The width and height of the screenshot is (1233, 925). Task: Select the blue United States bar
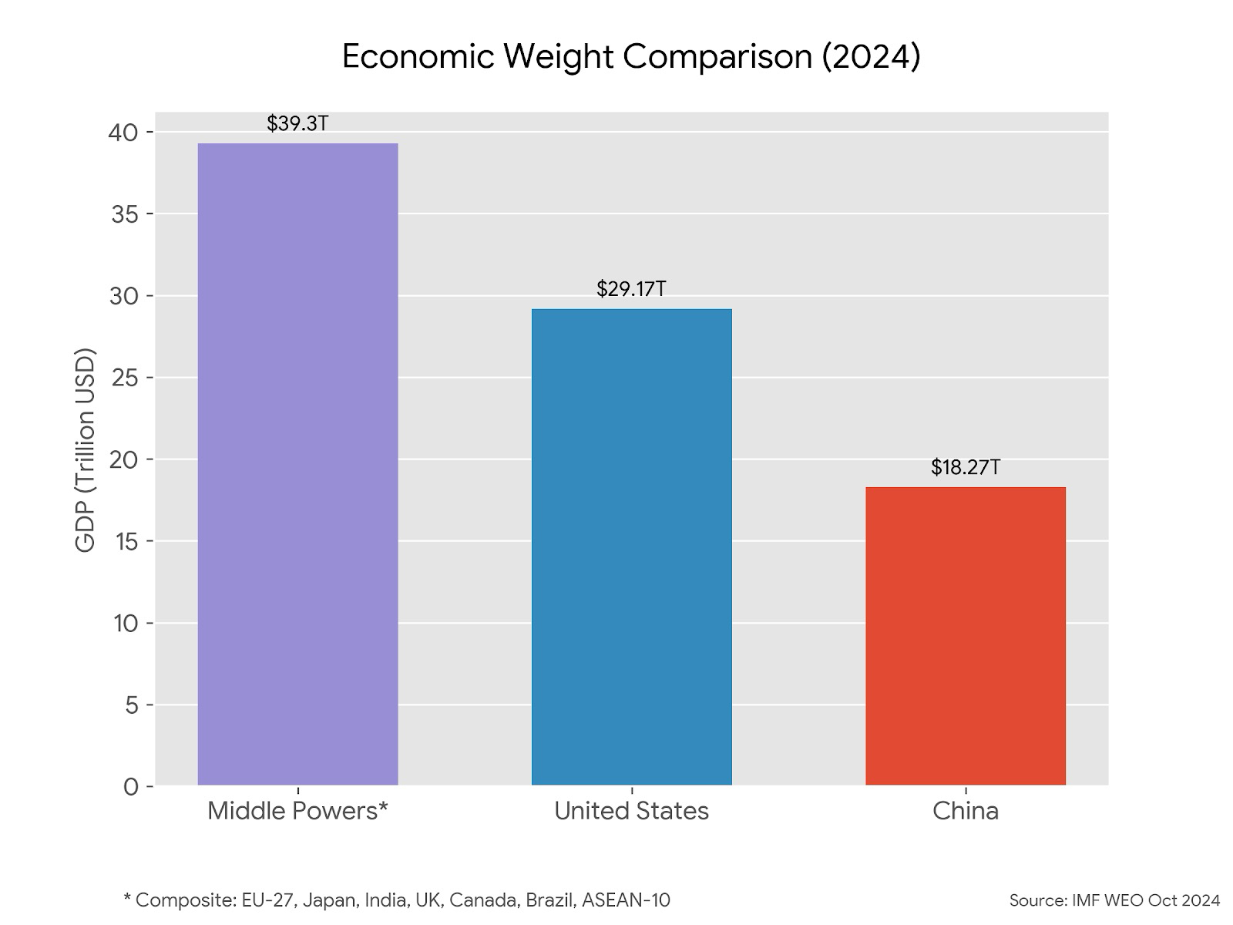point(631,547)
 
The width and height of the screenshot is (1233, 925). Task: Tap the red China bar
point(965,636)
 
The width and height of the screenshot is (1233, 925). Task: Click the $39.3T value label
point(297,123)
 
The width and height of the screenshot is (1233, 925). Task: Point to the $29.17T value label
point(631,289)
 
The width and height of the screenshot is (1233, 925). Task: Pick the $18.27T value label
point(965,467)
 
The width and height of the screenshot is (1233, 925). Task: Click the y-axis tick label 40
point(123,133)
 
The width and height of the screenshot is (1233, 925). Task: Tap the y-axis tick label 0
point(131,787)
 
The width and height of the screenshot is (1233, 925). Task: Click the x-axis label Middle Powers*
point(297,811)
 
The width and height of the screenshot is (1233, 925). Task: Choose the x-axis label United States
point(631,811)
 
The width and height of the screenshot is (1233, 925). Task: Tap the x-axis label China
point(965,811)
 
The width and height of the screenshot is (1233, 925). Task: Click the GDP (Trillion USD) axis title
point(86,451)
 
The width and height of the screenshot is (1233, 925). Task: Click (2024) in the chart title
point(870,57)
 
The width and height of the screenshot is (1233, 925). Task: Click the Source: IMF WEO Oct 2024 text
point(1114,900)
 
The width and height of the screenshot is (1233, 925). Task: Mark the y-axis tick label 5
point(131,705)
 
